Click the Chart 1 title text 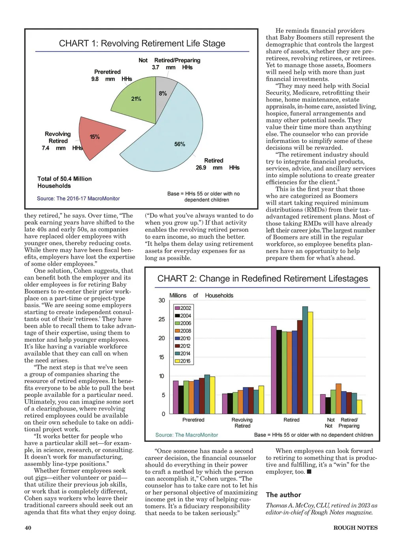(x=142, y=43)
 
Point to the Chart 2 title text (x=262, y=279)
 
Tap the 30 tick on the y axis (x=162, y=300)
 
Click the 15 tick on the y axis (x=162, y=357)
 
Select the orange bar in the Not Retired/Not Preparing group (x=339, y=398)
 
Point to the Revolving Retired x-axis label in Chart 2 (x=242, y=423)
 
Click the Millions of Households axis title (x=201, y=296)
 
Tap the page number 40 (x=28, y=528)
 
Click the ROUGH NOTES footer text (x=355, y=528)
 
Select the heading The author (x=283, y=495)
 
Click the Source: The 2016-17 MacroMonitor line (x=78, y=199)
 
